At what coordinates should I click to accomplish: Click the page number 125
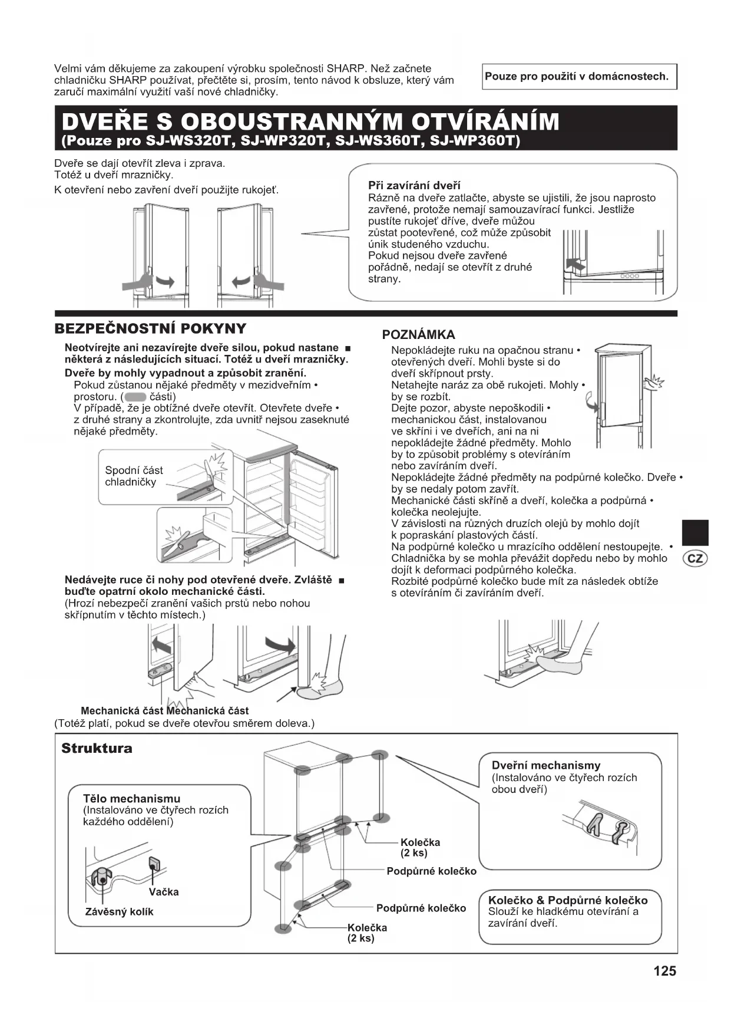click(664, 971)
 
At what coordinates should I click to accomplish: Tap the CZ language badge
click(695, 558)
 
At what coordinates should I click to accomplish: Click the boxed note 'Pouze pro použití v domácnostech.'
click(579, 77)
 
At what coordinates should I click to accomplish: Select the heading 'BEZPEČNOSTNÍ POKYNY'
click(150, 329)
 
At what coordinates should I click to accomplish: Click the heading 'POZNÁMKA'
click(418, 335)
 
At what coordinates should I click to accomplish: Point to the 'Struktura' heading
click(97, 749)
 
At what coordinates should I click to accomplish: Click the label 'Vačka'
click(164, 892)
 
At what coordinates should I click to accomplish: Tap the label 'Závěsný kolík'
click(119, 912)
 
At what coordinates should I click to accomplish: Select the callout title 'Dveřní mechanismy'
click(545, 766)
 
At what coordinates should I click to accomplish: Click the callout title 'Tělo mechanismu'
click(131, 799)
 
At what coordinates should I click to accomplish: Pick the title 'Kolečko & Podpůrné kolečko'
click(567, 900)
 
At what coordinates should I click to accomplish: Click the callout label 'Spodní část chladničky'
click(134, 476)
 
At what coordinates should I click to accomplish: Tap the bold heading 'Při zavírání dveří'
click(414, 186)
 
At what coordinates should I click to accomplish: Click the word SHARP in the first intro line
click(347, 68)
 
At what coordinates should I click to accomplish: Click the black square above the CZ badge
click(695, 532)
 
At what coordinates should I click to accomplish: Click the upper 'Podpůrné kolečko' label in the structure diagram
click(431, 871)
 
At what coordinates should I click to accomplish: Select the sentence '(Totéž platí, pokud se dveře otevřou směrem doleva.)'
click(184, 723)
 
